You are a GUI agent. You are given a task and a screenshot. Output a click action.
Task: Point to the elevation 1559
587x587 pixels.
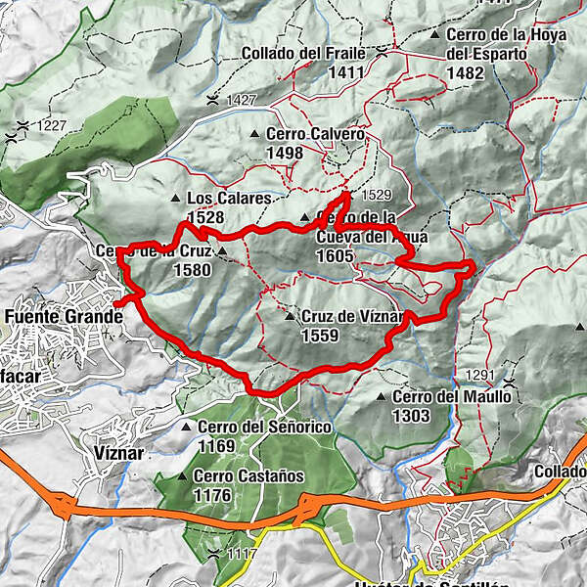pos(321,336)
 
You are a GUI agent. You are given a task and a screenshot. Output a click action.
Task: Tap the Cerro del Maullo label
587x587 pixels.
pos(451,397)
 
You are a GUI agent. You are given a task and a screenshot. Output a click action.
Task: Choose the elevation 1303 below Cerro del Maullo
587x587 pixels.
pos(413,415)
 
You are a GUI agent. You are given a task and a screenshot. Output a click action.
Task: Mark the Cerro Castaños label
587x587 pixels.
pos(248,476)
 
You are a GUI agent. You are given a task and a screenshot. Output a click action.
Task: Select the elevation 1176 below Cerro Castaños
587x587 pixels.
pos(212,495)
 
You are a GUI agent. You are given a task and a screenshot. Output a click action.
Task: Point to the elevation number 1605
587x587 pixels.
pos(335,255)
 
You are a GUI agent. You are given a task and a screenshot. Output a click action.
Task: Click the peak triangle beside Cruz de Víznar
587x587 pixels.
pos(290,317)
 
